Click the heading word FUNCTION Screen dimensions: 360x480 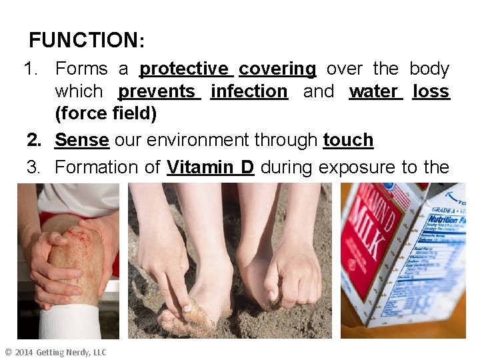pos(83,40)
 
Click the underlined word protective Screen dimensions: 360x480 pos(184,69)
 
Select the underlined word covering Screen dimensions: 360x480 pos(277,69)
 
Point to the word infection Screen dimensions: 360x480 pos(249,91)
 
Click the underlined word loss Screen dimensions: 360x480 pos(431,91)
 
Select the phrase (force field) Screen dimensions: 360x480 pos(106,114)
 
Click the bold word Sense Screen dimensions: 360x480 pos(81,140)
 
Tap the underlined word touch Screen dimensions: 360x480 pos(348,140)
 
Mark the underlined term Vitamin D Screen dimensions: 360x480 pos(211,167)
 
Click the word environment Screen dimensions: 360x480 pos(189,140)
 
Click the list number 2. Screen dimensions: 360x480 pos(33,140)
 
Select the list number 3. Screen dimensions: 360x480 pos(33,167)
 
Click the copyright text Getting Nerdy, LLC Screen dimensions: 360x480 pos(71,352)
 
